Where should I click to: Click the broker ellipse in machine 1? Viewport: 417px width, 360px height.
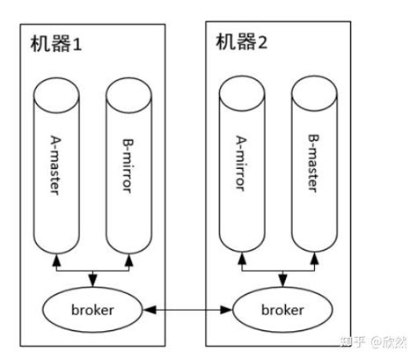point(91,310)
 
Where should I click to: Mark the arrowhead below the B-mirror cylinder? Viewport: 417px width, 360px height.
point(129,260)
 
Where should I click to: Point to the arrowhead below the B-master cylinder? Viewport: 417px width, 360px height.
point(315,260)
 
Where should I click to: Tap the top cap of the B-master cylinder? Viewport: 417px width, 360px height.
point(315,88)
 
